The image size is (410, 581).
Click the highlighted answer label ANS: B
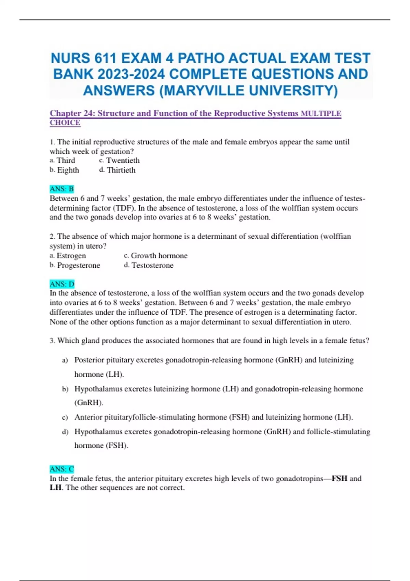[61, 189]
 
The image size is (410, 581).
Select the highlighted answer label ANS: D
[62, 284]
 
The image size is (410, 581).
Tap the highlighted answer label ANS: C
[62, 469]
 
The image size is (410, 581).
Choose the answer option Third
[66, 161]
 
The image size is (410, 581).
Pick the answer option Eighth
[68, 170]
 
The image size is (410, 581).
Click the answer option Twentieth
[123, 161]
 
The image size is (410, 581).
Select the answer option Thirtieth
[121, 170]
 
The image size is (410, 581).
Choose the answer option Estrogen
[71, 256]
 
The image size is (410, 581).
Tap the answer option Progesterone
[78, 266]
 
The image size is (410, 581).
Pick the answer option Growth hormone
[159, 256]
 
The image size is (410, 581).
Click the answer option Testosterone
[152, 266]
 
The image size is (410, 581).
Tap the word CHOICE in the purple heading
[65, 123]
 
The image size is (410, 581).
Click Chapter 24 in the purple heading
[71, 113]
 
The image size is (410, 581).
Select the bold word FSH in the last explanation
[339, 478]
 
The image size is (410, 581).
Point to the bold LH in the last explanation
[56, 488]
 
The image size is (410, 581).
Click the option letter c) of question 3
[65, 417]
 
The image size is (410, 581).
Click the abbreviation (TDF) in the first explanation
[123, 208]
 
